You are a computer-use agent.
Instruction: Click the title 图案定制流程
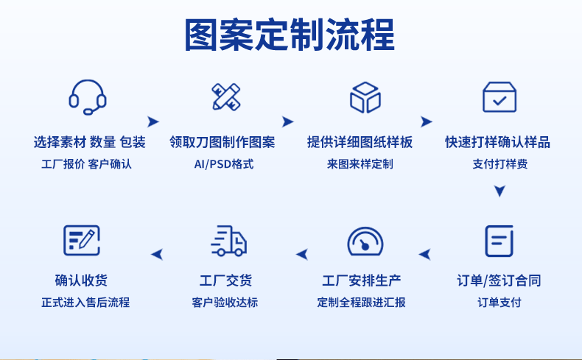tap(290, 35)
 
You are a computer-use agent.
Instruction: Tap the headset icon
tap(88, 96)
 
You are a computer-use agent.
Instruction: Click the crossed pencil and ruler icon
tap(226, 96)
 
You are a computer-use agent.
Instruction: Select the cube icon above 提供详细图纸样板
tap(365, 97)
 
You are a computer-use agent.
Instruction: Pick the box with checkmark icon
tap(499, 96)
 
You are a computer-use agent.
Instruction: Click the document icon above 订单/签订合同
tap(499, 241)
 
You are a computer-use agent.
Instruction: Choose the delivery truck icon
tap(228, 241)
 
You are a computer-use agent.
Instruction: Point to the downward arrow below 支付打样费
tap(499, 191)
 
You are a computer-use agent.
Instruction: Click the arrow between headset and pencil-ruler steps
tap(153, 121)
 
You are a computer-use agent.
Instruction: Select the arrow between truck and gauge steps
tap(301, 255)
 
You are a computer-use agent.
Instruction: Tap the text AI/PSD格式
tap(223, 163)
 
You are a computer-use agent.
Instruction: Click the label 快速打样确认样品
tap(498, 142)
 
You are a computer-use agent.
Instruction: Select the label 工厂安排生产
tap(362, 280)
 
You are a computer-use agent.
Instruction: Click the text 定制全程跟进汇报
tap(362, 302)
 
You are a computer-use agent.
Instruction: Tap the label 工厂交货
tap(225, 280)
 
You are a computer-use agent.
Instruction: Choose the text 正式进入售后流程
tap(85, 302)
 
